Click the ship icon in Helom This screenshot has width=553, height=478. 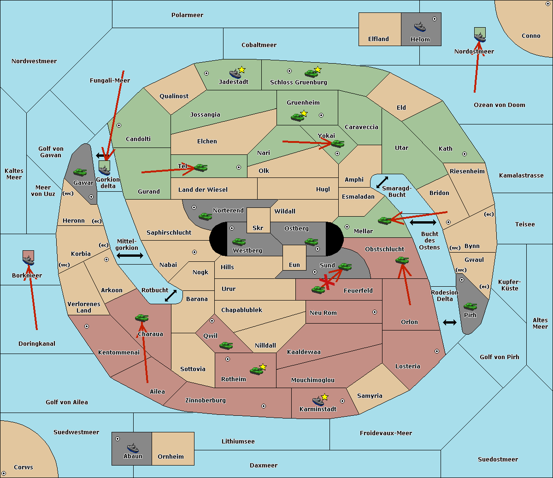click(420, 27)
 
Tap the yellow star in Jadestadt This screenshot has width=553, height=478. click(241, 70)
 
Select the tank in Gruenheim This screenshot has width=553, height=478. click(298, 117)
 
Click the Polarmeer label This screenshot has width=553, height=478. click(187, 15)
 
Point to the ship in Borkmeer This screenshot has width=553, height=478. click(29, 260)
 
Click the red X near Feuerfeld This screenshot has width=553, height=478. click(326, 282)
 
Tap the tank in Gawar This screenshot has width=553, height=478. click(80, 172)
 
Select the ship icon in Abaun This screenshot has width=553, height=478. click(133, 448)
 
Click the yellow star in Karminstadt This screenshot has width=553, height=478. click(324, 397)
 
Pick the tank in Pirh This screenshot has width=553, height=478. click(470, 306)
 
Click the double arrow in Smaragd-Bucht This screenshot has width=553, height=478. click(382, 182)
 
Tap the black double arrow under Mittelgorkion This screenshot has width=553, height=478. click(130, 255)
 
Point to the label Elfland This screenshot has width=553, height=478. click(378, 39)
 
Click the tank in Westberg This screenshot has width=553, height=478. click(239, 242)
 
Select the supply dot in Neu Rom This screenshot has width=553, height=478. click(375, 312)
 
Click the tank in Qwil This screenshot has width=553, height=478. click(226, 345)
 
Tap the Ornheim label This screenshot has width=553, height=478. click(171, 457)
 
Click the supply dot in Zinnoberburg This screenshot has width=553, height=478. click(264, 406)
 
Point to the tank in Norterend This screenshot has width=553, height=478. click(205, 216)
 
